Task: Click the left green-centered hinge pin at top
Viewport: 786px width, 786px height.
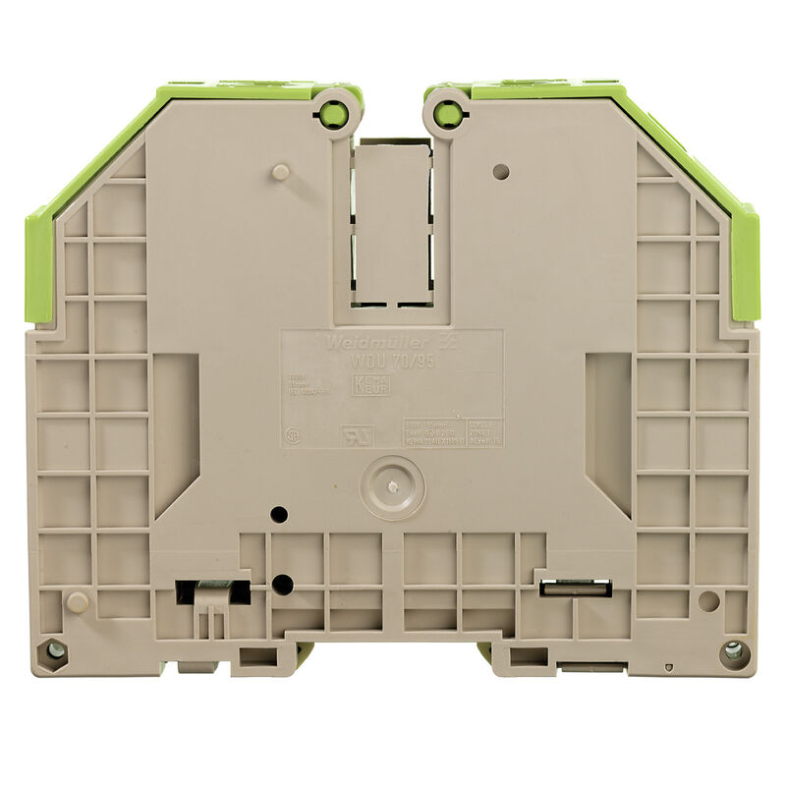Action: pos(334,114)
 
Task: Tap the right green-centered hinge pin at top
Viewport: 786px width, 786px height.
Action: pos(447,115)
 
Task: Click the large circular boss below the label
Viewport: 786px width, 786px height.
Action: pos(392,486)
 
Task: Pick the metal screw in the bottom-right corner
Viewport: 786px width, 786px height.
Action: pos(732,649)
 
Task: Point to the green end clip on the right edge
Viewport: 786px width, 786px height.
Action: pos(744,263)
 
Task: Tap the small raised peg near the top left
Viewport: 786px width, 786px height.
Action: pos(280,172)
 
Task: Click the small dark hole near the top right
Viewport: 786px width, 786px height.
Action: pos(500,171)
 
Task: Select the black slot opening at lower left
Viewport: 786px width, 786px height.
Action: pos(212,590)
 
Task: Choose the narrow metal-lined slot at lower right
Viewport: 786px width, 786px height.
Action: pos(576,588)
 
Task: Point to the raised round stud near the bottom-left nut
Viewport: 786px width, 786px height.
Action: pos(78,601)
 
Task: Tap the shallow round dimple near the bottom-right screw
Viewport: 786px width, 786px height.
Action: pos(707,599)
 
